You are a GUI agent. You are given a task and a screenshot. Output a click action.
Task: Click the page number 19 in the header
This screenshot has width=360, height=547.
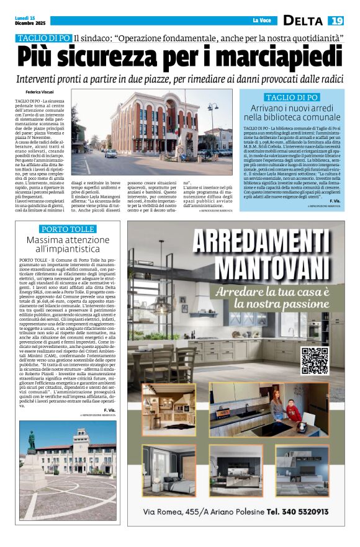click(336, 20)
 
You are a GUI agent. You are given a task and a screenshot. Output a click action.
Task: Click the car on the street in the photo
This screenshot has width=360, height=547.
click(110, 153)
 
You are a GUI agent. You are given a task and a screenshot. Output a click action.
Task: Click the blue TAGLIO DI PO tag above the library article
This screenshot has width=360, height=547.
click(292, 97)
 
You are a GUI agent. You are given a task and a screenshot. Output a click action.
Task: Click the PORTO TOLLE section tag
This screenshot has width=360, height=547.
click(66, 229)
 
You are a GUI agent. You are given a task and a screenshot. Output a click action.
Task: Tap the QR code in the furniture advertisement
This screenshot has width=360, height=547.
click(314, 360)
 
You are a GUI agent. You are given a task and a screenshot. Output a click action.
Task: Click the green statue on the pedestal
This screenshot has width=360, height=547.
click(30, 439)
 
